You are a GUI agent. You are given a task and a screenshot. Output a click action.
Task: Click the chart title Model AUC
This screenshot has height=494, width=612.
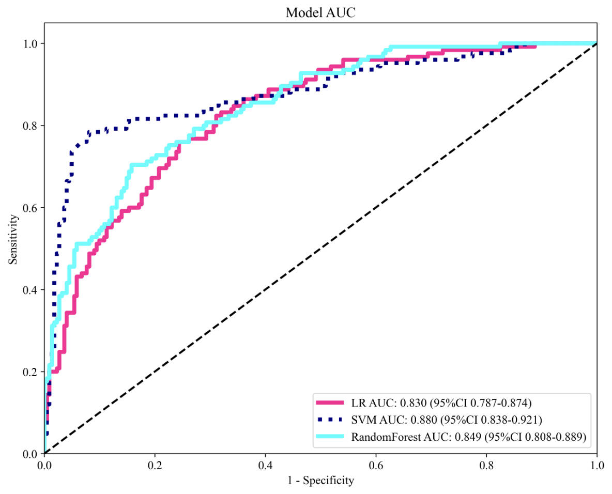pyautogui.click(x=320, y=13)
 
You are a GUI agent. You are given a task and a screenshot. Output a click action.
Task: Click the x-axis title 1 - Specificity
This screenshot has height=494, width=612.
pyautogui.click(x=320, y=481)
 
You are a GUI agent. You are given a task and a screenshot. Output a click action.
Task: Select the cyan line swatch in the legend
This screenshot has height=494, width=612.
pyautogui.click(x=329, y=437)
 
